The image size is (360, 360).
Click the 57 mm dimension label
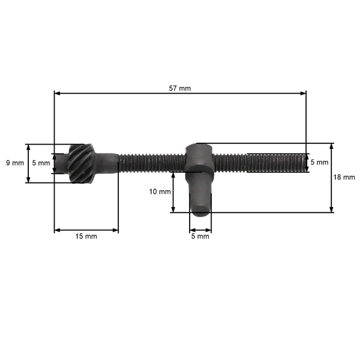pyautogui.click(x=180, y=88)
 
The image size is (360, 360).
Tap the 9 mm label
pyautogui.click(x=14, y=163)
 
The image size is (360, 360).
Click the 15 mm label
pyautogui.click(x=86, y=236)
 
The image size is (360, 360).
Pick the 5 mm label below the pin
pyautogui.click(x=200, y=236)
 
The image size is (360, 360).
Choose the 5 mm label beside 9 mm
pyautogui.click(x=41, y=163)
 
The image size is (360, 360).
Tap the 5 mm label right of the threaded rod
pyautogui.click(x=319, y=163)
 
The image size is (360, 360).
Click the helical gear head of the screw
pyautogui.click(x=80, y=163)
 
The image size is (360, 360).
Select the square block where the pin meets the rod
pyautogui.click(x=199, y=157)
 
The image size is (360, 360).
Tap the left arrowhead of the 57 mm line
pyautogui.click(x=57, y=93)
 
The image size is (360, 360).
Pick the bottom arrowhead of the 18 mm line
pyautogui.click(x=332, y=209)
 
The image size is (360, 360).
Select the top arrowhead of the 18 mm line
pyautogui.click(x=332, y=146)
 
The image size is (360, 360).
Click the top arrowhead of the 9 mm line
pyautogui.click(x=28, y=146)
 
